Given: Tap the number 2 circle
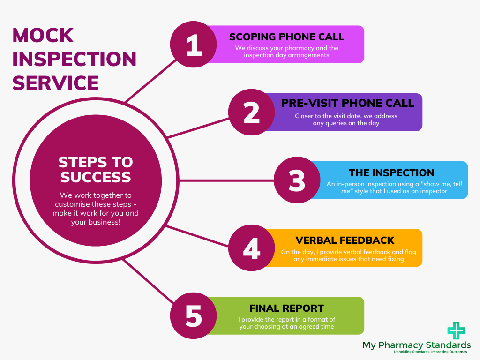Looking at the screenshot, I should pos(252,112).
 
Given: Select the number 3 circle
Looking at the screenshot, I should pos(297,180).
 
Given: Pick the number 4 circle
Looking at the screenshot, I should pos(252,247).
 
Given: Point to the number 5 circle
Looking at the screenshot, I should pos(194,315).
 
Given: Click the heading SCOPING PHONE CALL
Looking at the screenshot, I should pos(286,37).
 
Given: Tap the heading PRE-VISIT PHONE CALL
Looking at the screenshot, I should pos(347,103).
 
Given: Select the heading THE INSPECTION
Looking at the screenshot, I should pos(391,172).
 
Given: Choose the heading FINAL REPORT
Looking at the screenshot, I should pos(286,308).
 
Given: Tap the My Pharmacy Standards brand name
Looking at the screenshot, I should pos(416,345).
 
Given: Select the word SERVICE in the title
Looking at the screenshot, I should pos(55,83).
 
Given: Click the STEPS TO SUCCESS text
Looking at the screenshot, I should pos(96,169).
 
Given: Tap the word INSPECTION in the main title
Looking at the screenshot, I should pos(74,60).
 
